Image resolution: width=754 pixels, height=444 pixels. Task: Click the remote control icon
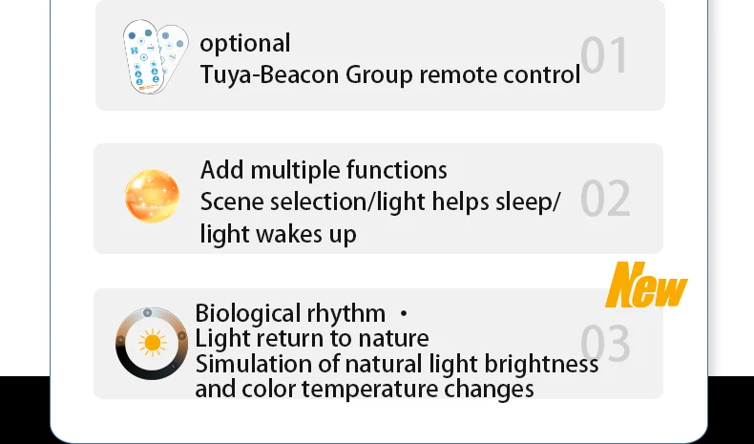click(154, 56)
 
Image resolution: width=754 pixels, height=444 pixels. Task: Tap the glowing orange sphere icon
click(153, 196)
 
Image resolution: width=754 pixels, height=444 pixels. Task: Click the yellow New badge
click(647, 285)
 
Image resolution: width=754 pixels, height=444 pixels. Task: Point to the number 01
click(605, 55)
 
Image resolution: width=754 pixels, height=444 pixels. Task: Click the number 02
click(605, 199)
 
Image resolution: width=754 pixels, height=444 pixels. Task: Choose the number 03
click(605, 344)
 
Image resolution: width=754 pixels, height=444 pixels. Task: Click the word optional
click(245, 44)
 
